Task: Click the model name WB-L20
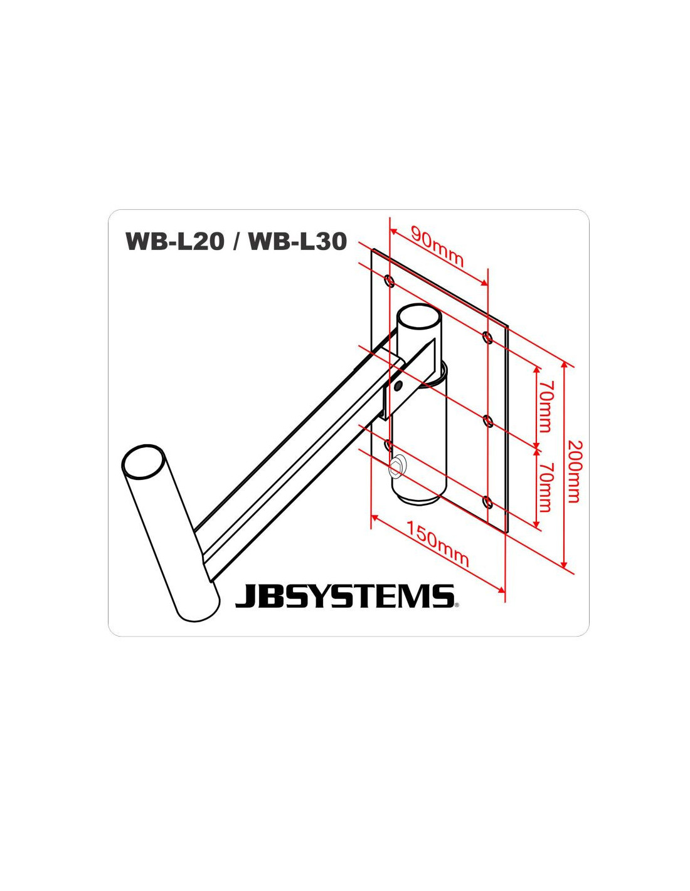pyautogui.click(x=175, y=241)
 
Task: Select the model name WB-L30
pyautogui.click(x=298, y=241)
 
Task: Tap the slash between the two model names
pyautogui.click(x=237, y=241)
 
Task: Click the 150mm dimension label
pyautogui.click(x=438, y=542)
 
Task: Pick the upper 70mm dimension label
pyautogui.click(x=544, y=407)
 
